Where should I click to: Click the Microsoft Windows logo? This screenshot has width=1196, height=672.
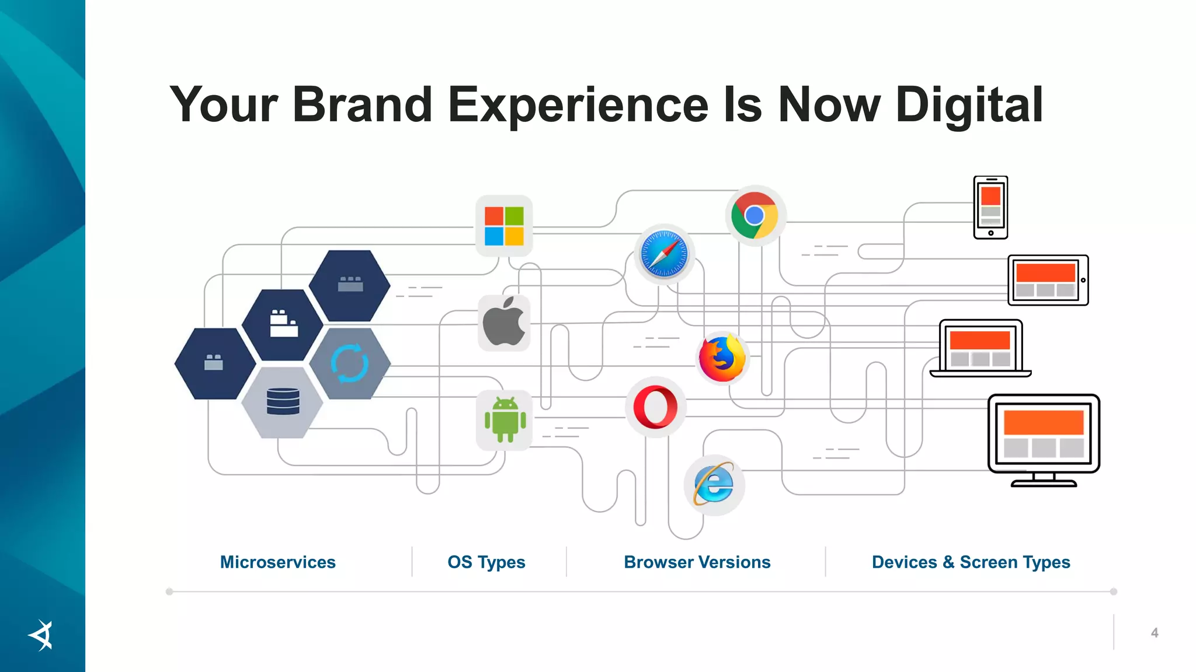click(504, 226)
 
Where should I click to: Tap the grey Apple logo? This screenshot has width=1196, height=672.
click(504, 323)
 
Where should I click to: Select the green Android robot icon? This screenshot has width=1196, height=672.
click(505, 420)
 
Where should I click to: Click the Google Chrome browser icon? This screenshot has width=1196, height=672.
click(755, 216)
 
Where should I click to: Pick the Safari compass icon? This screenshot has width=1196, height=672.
click(664, 254)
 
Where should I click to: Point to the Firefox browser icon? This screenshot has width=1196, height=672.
click(722, 358)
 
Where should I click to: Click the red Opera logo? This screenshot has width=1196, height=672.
click(655, 407)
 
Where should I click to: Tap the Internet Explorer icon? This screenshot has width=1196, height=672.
click(714, 484)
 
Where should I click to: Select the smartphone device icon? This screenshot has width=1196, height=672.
click(990, 208)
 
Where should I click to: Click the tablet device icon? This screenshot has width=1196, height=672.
click(1048, 280)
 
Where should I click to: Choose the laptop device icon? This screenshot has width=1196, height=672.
click(981, 348)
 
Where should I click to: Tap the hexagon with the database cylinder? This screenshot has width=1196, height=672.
click(283, 402)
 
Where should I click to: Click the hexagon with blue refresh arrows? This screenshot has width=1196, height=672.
click(349, 363)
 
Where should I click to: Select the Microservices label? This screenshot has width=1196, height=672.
click(277, 562)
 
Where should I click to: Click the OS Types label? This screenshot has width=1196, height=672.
click(486, 562)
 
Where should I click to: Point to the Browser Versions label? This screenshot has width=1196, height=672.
click(697, 562)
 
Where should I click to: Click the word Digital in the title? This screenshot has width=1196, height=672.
click(969, 105)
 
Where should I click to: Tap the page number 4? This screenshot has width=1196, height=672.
click(1154, 633)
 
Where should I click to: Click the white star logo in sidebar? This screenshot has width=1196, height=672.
click(41, 635)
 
